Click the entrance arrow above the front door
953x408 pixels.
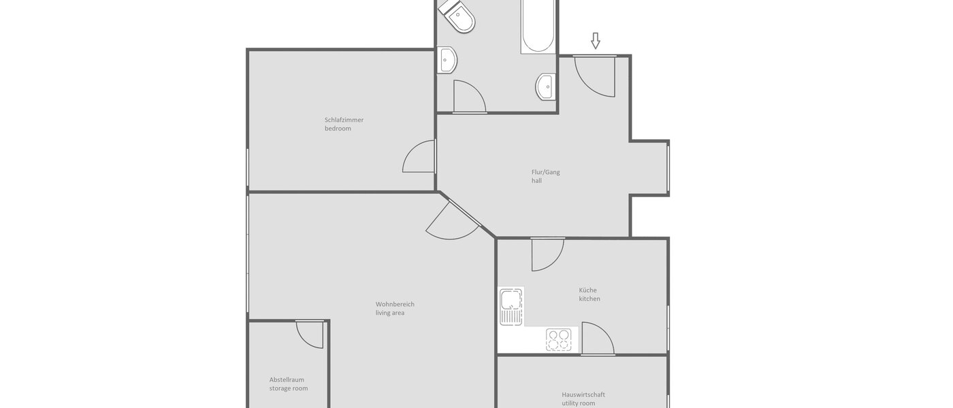pos(596,41)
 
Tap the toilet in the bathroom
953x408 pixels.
pos(457,16)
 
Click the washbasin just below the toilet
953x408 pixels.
pos(447,60)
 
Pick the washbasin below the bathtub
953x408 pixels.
pos(545,86)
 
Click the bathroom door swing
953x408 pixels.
pos(468,97)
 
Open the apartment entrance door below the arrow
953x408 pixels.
pos(595,75)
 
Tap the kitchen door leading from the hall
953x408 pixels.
pos(547,254)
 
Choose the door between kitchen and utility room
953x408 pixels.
pos(598,339)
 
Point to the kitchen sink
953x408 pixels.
pos(511,307)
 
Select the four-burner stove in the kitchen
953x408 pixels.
pos(560,339)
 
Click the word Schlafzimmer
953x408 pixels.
pos(344,120)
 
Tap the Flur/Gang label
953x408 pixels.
pos(545,172)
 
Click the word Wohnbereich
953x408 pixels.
pos(395,304)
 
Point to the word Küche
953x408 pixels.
pos(587,290)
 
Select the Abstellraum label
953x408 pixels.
pos(287,379)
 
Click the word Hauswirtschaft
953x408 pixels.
pos(583,394)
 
